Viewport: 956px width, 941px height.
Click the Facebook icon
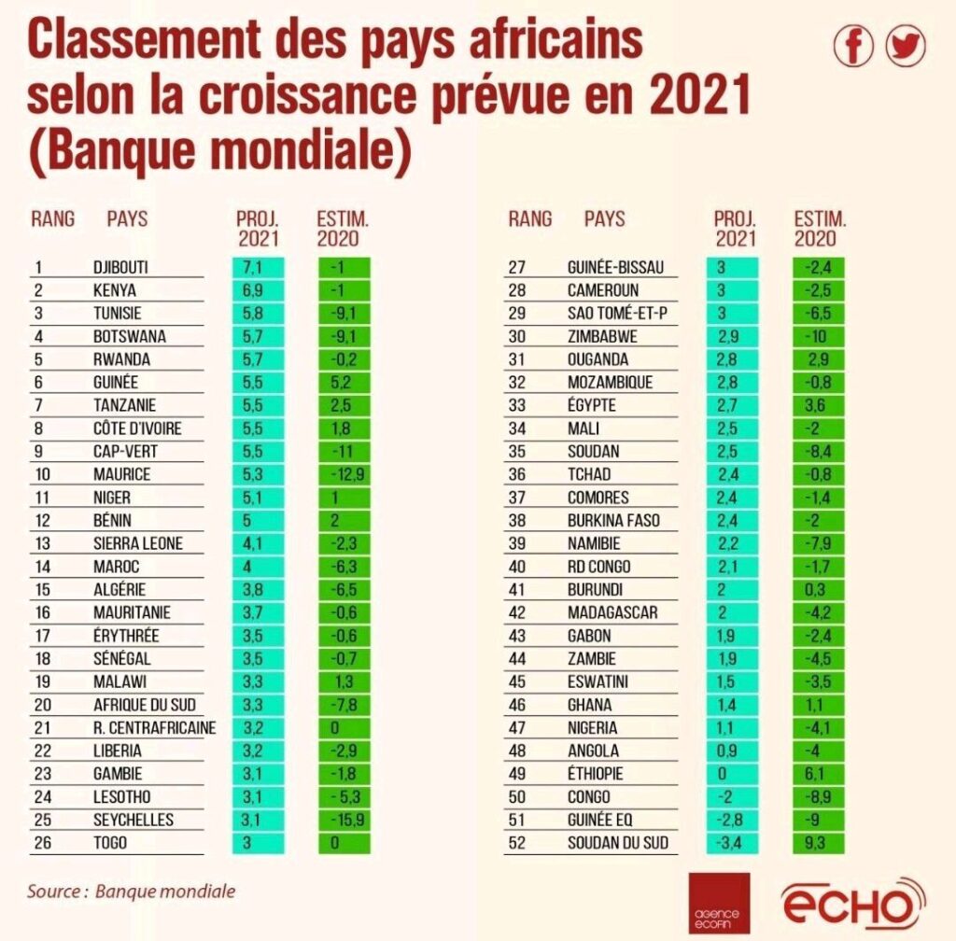click(x=853, y=46)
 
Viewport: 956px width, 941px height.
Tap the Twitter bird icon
click(x=906, y=46)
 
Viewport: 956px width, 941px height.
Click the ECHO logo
click(x=853, y=904)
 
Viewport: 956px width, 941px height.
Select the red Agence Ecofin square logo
click(x=719, y=904)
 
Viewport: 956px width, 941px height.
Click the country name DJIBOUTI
click(x=120, y=268)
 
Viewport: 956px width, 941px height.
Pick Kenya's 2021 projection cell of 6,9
click(x=258, y=290)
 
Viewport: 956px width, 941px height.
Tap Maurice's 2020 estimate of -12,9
click(x=344, y=474)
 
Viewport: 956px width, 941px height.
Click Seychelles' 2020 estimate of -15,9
click(x=344, y=820)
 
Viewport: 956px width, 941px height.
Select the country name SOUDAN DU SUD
click(x=618, y=843)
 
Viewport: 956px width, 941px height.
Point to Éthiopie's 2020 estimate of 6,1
click(x=818, y=773)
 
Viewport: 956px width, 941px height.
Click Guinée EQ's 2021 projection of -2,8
click(x=732, y=820)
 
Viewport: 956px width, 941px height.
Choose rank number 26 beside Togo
click(x=43, y=843)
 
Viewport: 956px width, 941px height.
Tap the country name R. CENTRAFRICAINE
click(x=155, y=728)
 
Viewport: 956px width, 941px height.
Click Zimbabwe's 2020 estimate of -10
click(x=818, y=336)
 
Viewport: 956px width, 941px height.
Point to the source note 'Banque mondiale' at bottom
click(x=165, y=892)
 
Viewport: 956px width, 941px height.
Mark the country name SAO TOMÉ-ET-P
click(x=617, y=314)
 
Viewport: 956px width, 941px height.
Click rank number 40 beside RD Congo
click(x=517, y=567)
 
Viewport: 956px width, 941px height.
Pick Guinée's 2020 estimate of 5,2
click(x=344, y=382)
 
